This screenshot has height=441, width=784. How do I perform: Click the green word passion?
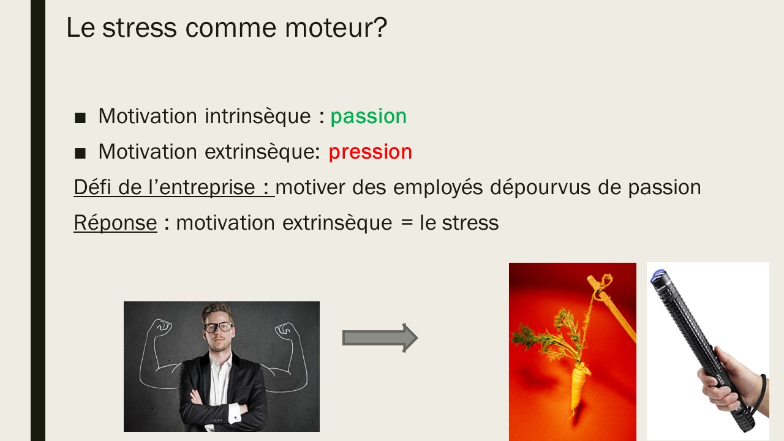369,116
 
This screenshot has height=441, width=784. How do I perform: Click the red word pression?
371,152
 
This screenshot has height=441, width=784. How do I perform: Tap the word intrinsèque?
258,116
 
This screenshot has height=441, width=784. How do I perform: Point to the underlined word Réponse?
116,223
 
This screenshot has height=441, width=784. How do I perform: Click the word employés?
438,187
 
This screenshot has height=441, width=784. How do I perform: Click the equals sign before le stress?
407,223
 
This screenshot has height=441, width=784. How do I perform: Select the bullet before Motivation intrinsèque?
80,118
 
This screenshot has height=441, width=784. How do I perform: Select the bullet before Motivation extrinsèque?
80,153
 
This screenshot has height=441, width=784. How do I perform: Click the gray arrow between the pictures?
380,337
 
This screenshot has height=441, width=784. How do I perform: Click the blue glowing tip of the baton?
658,275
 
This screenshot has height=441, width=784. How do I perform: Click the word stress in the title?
139,28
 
